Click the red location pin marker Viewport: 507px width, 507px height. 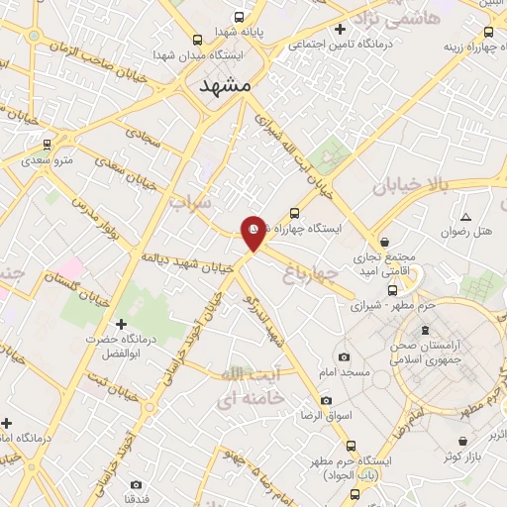pyautogui.click(x=254, y=232)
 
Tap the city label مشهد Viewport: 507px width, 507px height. pyautogui.click(x=228, y=86)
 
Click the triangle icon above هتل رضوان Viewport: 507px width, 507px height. pyautogui.click(x=465, y=216)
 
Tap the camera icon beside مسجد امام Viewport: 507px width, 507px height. pyautogui.click(x=343, y=356)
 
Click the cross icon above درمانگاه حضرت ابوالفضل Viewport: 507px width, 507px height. pyautogui.click(x=122, y=324)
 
